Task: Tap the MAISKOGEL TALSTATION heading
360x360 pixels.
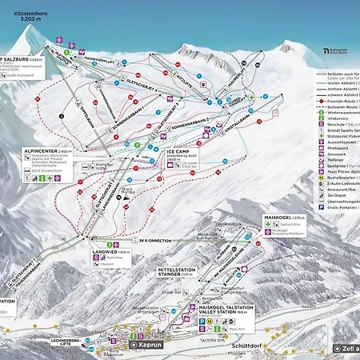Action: pyautogui.click(x=214, y=307)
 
